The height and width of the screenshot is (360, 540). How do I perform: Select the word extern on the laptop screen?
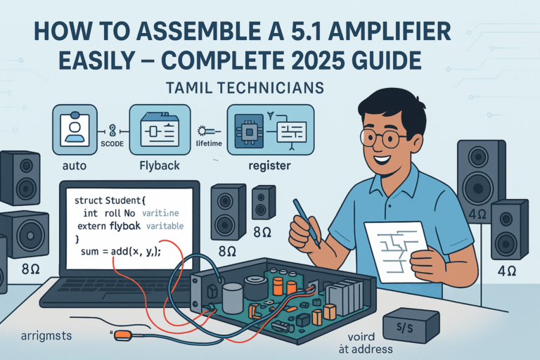coord(90,225)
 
